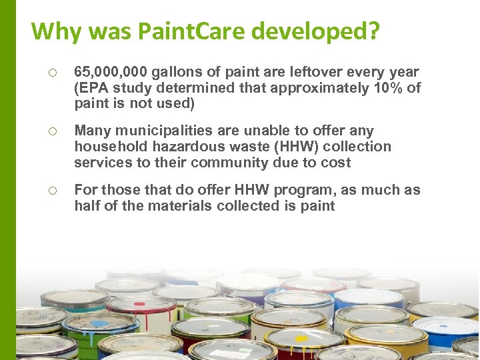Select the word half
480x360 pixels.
87,206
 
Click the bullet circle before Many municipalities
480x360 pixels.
51,131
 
